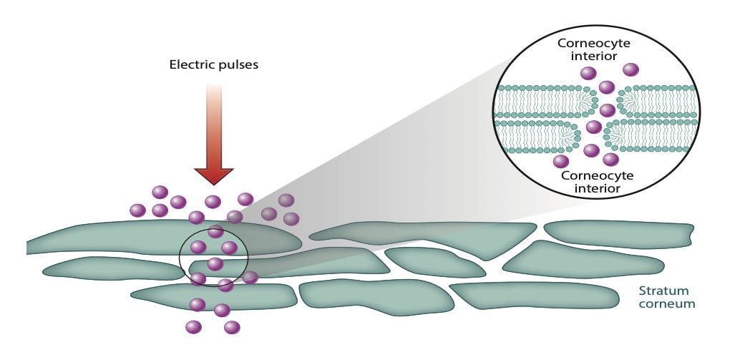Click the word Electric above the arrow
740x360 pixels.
(190, 64)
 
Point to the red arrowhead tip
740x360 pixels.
(214, 183)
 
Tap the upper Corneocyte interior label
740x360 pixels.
(593, 50)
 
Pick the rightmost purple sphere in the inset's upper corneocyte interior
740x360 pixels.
(631, 69)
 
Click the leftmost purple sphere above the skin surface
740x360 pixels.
(137, 210)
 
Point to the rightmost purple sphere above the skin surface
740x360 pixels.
(291, 219)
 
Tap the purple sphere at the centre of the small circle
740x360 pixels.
(215, 264)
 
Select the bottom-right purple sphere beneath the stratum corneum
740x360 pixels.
(231, 328)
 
